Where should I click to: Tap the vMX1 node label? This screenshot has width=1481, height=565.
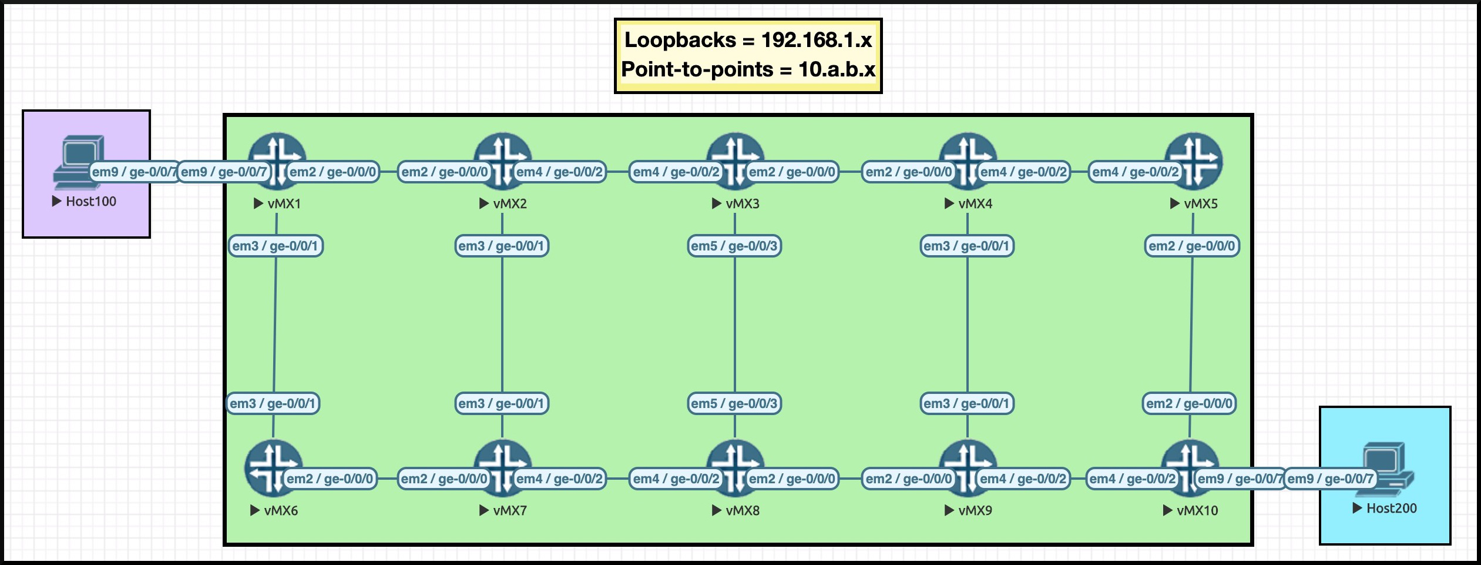[x=284, y=203]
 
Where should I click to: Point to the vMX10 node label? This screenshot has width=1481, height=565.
[x=1197, y=510]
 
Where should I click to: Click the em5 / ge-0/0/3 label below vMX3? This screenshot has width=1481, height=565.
[x=734, y=246]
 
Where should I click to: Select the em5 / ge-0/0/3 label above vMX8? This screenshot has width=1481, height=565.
[x=734, y=403]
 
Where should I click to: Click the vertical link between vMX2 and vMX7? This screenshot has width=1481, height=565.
[x=502, y=323]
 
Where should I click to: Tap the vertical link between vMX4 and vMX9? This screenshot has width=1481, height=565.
[x=968, y=323]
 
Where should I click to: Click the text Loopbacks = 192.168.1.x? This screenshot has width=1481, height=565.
[x=748, y=40]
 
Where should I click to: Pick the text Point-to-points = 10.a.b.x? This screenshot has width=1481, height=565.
[x=748, y=69]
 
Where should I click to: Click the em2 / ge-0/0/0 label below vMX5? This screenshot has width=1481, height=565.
[x=1192, y=246]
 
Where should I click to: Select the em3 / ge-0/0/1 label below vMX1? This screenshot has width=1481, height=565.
[x=276, y=246]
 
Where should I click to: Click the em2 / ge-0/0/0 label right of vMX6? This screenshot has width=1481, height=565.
[x=330, y=479]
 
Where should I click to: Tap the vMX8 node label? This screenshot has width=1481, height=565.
[x=742, y=510]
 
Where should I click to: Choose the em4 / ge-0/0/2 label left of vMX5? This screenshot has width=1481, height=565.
[x=1135, y=172]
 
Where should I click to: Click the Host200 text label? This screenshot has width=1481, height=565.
[x=1391, y=508]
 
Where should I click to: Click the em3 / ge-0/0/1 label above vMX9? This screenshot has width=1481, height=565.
[x=966, y=403]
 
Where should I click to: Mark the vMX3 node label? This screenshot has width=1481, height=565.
[x=742, y=203]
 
